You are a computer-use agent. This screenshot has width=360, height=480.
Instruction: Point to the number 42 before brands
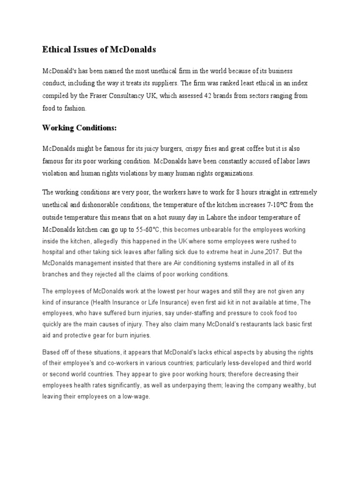click(x=209, y=95)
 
